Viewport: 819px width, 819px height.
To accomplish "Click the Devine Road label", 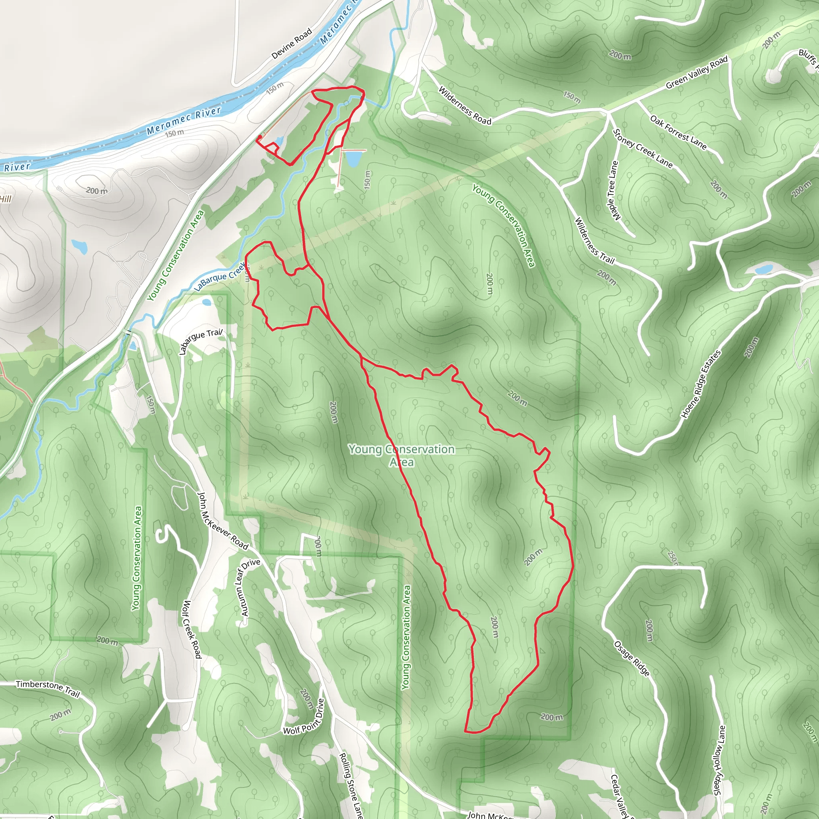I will [292, 44].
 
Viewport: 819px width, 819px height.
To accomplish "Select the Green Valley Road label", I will [697, 72].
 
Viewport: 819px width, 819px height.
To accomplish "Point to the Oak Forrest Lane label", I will [678, 133].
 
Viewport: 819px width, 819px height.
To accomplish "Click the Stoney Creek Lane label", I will [643, 148].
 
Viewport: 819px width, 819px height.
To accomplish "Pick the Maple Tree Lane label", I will [614, 190].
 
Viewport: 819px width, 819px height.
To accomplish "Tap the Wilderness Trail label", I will [594, 240].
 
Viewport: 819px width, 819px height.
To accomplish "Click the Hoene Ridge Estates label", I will [701, 384].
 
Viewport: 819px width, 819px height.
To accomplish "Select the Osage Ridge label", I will [631, 658].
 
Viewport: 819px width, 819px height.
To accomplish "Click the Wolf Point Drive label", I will [304, 717].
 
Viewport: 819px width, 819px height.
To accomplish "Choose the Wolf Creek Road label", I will [192, 629].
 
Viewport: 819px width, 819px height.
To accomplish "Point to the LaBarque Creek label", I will [220, 276].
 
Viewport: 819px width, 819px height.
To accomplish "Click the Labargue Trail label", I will [200, 341].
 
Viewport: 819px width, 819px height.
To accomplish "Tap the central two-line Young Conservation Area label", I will [402, 455].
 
